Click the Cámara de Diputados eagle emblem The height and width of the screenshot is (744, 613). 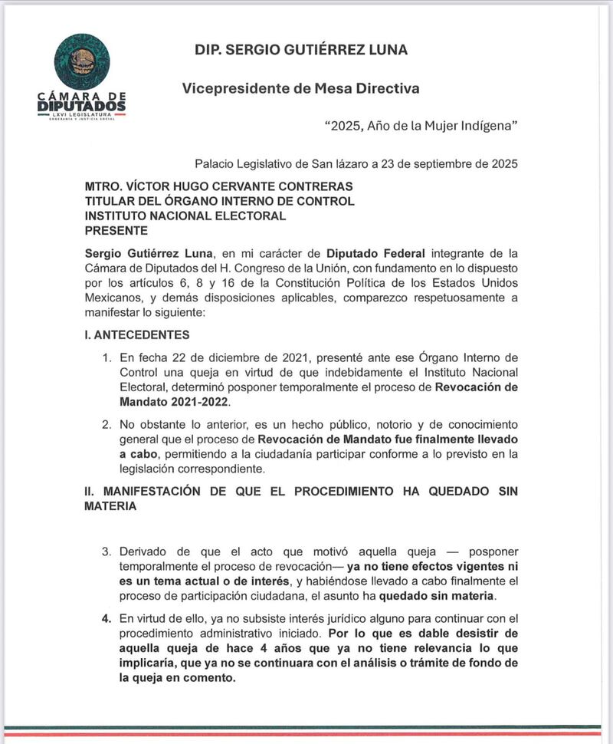point(82,61)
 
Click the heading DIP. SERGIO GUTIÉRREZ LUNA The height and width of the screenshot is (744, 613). point(301,51)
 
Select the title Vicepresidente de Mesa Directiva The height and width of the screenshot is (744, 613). point(301,88)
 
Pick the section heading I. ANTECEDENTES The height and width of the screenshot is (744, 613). point(137,335)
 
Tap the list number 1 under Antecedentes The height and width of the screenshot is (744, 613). point(106,358)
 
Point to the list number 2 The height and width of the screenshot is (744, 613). point(106,424)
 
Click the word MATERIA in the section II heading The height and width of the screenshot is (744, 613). point(110,506)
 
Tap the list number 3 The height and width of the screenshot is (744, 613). point(106,552)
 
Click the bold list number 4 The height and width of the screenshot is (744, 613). point(106,618)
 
